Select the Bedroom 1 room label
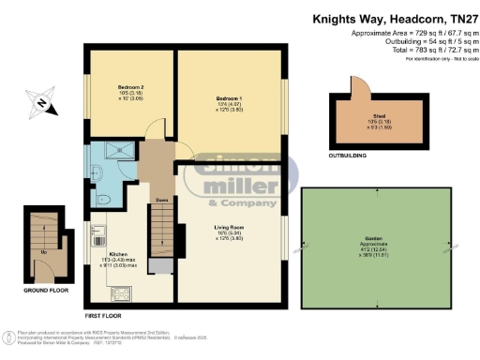point(229,97)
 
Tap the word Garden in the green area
point(373,242)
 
